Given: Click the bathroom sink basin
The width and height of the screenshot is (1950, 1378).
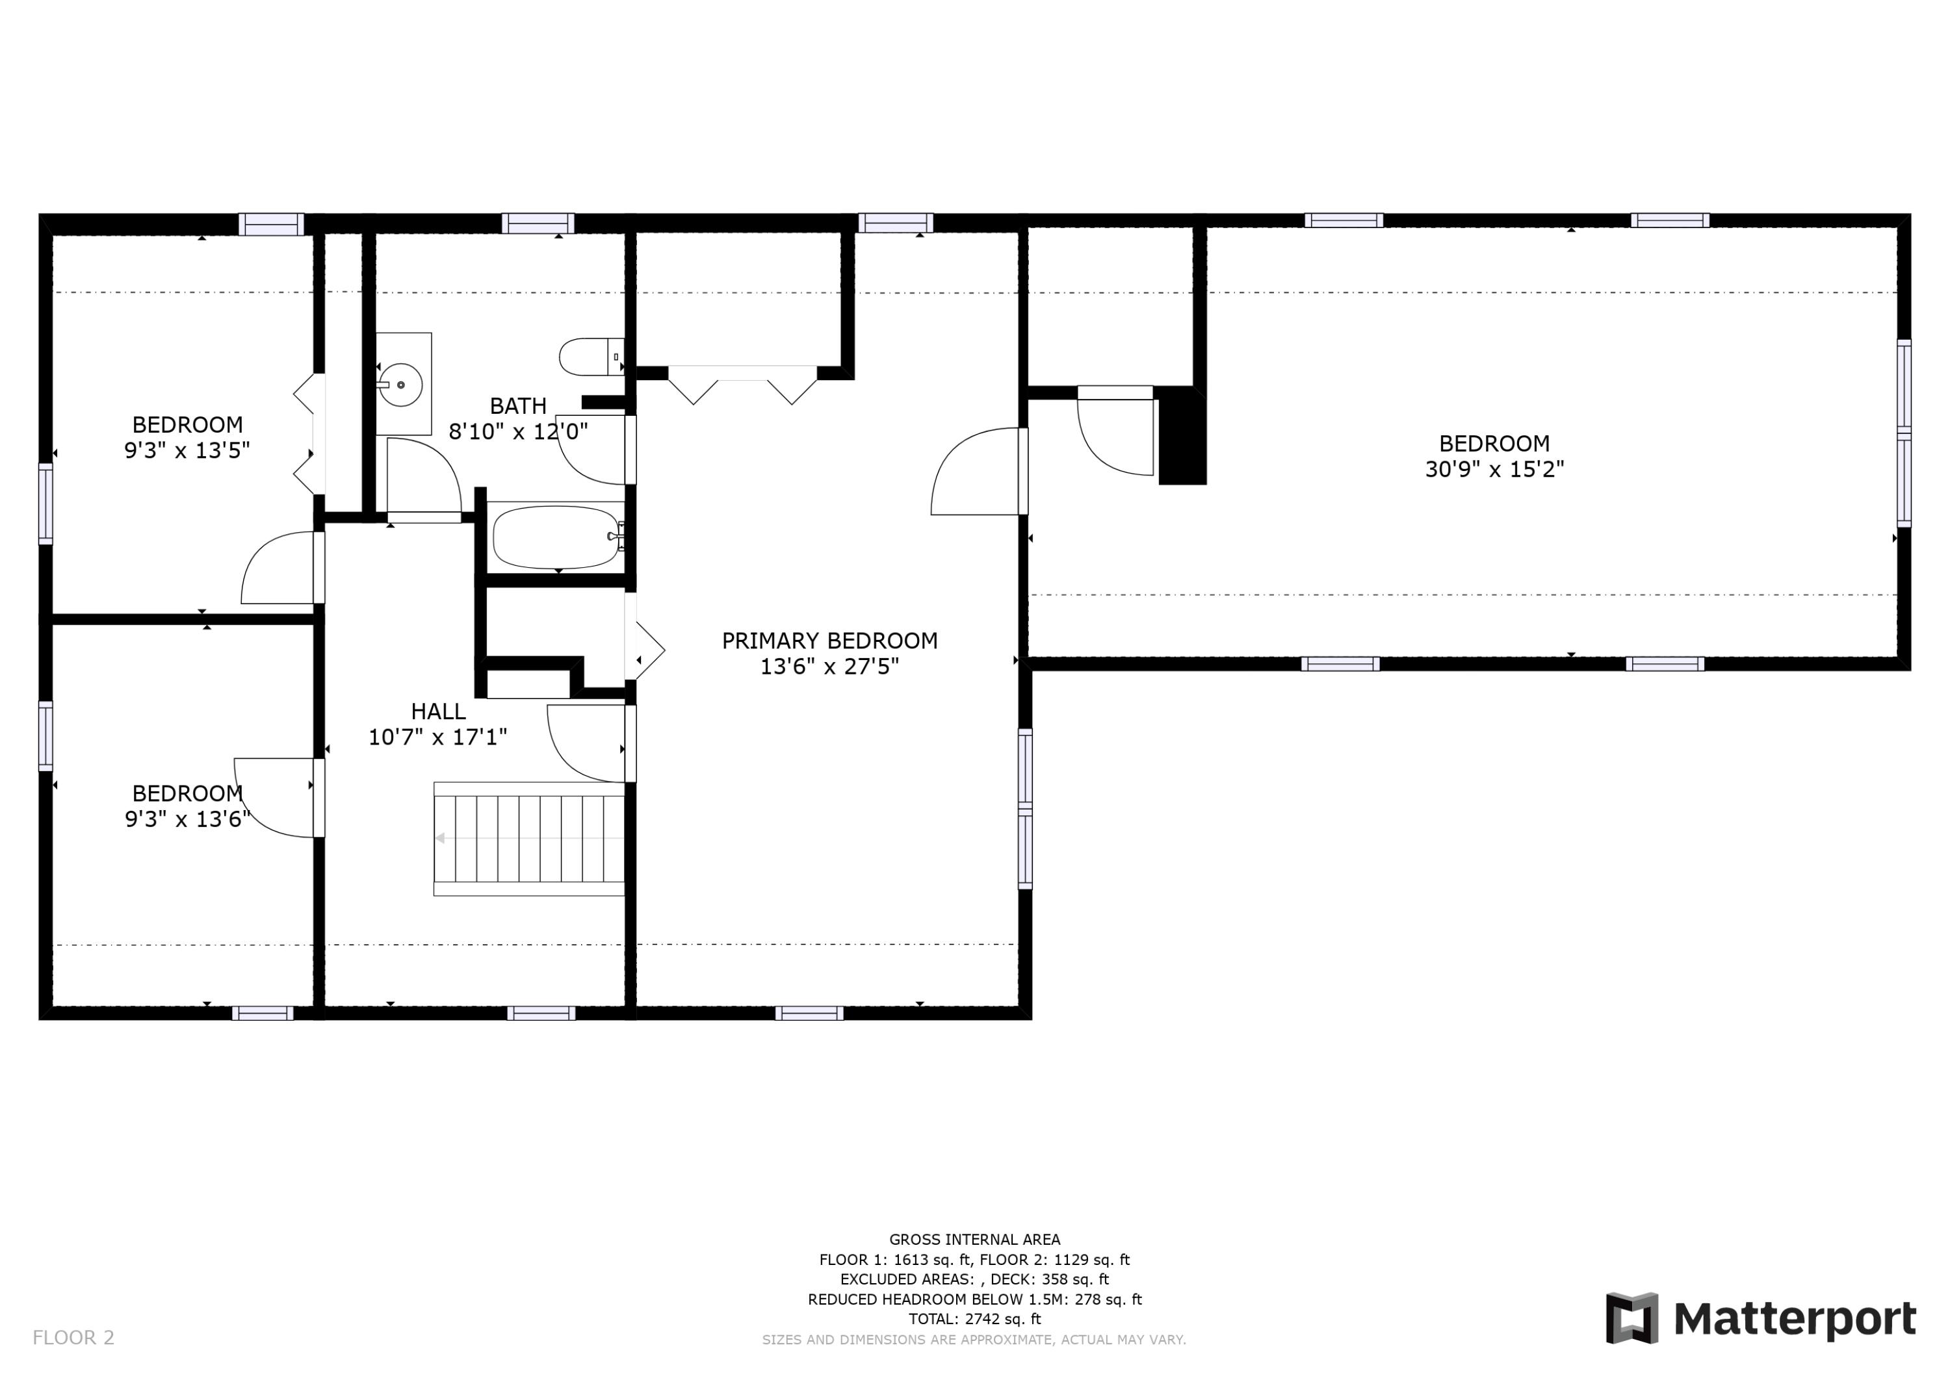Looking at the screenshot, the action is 400,385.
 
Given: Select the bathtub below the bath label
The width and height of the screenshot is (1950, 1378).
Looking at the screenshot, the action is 558,537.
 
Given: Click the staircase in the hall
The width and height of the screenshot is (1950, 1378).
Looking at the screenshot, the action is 529,839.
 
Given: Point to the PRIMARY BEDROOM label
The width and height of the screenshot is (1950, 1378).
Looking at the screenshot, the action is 830,641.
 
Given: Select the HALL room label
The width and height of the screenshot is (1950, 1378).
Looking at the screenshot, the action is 438,711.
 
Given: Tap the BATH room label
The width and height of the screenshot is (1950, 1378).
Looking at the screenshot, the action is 518,406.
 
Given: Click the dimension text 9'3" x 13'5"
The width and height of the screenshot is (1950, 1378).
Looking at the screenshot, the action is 188,450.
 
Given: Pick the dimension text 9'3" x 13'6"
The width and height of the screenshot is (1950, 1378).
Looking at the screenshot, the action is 188,819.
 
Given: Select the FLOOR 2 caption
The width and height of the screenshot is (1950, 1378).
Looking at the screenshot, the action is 73,1338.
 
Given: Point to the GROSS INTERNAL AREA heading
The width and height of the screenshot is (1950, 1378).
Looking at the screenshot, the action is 975,1240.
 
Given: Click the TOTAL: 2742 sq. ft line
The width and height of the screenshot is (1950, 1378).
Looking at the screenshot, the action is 975,1320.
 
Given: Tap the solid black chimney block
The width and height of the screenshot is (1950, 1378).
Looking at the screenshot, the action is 1182,435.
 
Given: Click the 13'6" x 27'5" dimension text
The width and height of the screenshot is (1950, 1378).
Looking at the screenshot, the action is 830,667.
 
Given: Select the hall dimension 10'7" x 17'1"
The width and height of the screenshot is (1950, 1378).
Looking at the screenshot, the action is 438,737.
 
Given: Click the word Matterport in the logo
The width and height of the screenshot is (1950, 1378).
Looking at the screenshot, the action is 1795,1320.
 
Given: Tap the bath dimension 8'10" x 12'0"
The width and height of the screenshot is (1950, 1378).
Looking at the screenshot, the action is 518,431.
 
